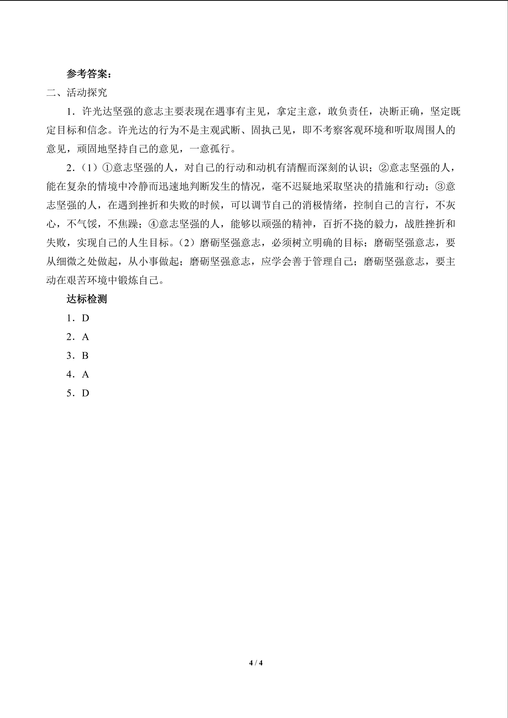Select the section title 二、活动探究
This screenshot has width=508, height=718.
pyautogui.click(x=77, y=93)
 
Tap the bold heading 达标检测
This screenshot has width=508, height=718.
pyautogui.click(x=87, y=299)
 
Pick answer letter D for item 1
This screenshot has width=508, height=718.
pyautogui.click(x=85, y=318)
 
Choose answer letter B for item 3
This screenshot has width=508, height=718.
pyautogui.click(x=85, y=355)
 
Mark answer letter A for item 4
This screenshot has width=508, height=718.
pyautogui.click(x=85, y=374)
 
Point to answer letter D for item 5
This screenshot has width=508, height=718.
pyautogui.click(x=85, y=393)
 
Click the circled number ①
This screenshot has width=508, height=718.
pyautogui.click(x=108, y=168)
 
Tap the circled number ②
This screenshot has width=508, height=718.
pyautogui.click(x=384, y=168)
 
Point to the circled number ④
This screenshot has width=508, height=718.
pyautogui.click(x=154, y=224)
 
